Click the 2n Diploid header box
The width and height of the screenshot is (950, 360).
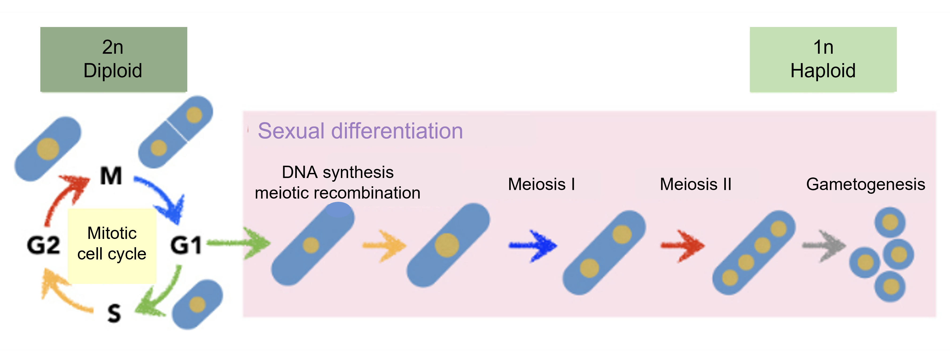click(114, 59)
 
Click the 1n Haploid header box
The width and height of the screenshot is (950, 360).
click(823, 59)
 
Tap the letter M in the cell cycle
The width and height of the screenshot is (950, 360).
click(111, 176)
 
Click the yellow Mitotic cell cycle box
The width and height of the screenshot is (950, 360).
click(112, 245)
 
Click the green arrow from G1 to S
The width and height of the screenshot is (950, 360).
click(160, 293)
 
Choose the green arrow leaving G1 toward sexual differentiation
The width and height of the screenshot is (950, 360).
click(240, 243)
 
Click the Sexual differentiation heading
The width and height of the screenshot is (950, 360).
click(360, 131)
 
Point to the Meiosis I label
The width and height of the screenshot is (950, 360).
click(541, 184)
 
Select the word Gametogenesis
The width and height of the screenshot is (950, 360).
click(865, 184)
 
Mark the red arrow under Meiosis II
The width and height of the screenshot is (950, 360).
click(682, 246)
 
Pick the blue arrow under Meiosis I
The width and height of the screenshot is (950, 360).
click(532, 246)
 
